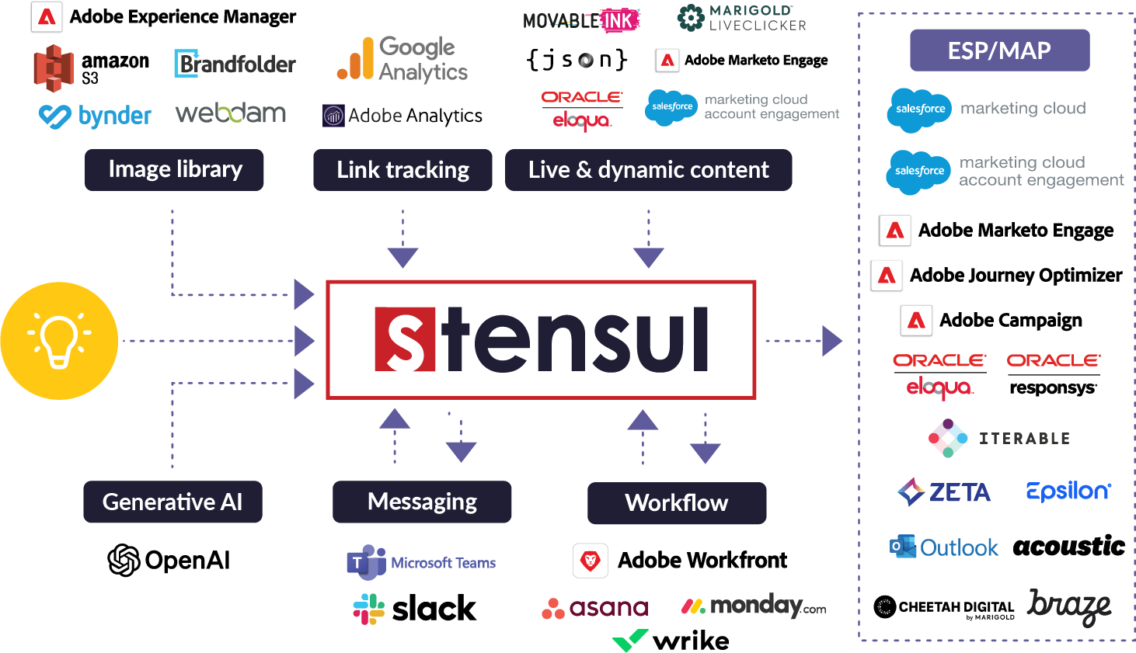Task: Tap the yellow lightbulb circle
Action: pos(59,341)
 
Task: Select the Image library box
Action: pos(174,170)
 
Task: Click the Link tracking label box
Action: pos(402,170)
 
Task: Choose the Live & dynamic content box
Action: pos(648,170)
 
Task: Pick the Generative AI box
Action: pos(172,502)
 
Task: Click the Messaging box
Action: pos(422,502)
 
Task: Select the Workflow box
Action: pos(677,503)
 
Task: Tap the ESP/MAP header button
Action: pos(999,50)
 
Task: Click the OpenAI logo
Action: pos(169,560)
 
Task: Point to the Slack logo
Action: pos(414,609)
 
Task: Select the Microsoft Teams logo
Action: pos(420,562)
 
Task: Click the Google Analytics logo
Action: pos(402,59)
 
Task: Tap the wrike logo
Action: pos(671,641)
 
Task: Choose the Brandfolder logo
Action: pos(235,64)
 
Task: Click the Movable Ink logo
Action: pos(580,21)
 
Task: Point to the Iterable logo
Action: pos(998,438)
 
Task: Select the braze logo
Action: pos(1069,606)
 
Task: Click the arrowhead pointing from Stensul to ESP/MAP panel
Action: pos(831,341)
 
